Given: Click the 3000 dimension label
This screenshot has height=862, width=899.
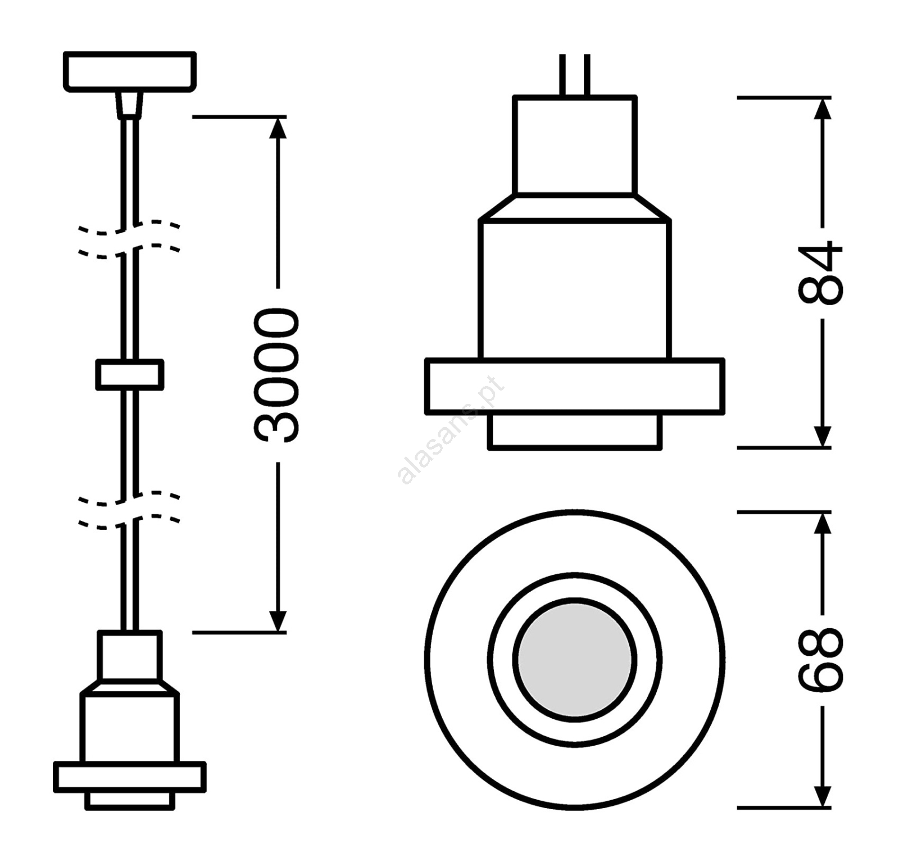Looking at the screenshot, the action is point(276,375).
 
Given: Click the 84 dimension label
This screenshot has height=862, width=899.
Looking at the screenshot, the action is point(821,273).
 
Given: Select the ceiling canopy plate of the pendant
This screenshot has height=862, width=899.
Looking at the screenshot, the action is point(130,71).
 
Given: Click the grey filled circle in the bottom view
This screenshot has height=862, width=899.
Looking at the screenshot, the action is point(574,660).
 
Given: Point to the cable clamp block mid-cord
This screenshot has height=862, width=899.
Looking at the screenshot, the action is point(130,375).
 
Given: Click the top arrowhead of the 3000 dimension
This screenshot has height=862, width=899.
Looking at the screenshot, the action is point(278,128).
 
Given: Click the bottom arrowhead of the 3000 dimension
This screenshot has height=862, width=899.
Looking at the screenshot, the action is point(278,621).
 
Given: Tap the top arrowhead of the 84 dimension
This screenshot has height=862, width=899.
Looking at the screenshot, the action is point(823,108).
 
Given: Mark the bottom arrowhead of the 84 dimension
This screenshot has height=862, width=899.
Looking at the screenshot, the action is point(823,437).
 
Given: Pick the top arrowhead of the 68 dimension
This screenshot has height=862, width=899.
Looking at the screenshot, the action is point(823,523).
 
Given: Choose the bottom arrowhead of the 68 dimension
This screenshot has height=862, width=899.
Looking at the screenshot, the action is point(823,796).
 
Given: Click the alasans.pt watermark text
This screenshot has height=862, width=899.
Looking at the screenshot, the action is point(451,430).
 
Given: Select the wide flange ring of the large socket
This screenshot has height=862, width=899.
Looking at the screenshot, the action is point(574,387).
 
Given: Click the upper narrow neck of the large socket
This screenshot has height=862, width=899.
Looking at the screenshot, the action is point(574,146).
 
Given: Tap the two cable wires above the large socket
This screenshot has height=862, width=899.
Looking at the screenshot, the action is point(574,75).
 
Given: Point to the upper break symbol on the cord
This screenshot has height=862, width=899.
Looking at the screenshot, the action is point(129,239).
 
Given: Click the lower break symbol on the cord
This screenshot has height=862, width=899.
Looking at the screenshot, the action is point(129,510).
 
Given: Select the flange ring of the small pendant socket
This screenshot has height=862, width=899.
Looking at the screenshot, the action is point(130,777).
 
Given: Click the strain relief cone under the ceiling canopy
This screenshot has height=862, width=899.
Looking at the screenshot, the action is point(130,105).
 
